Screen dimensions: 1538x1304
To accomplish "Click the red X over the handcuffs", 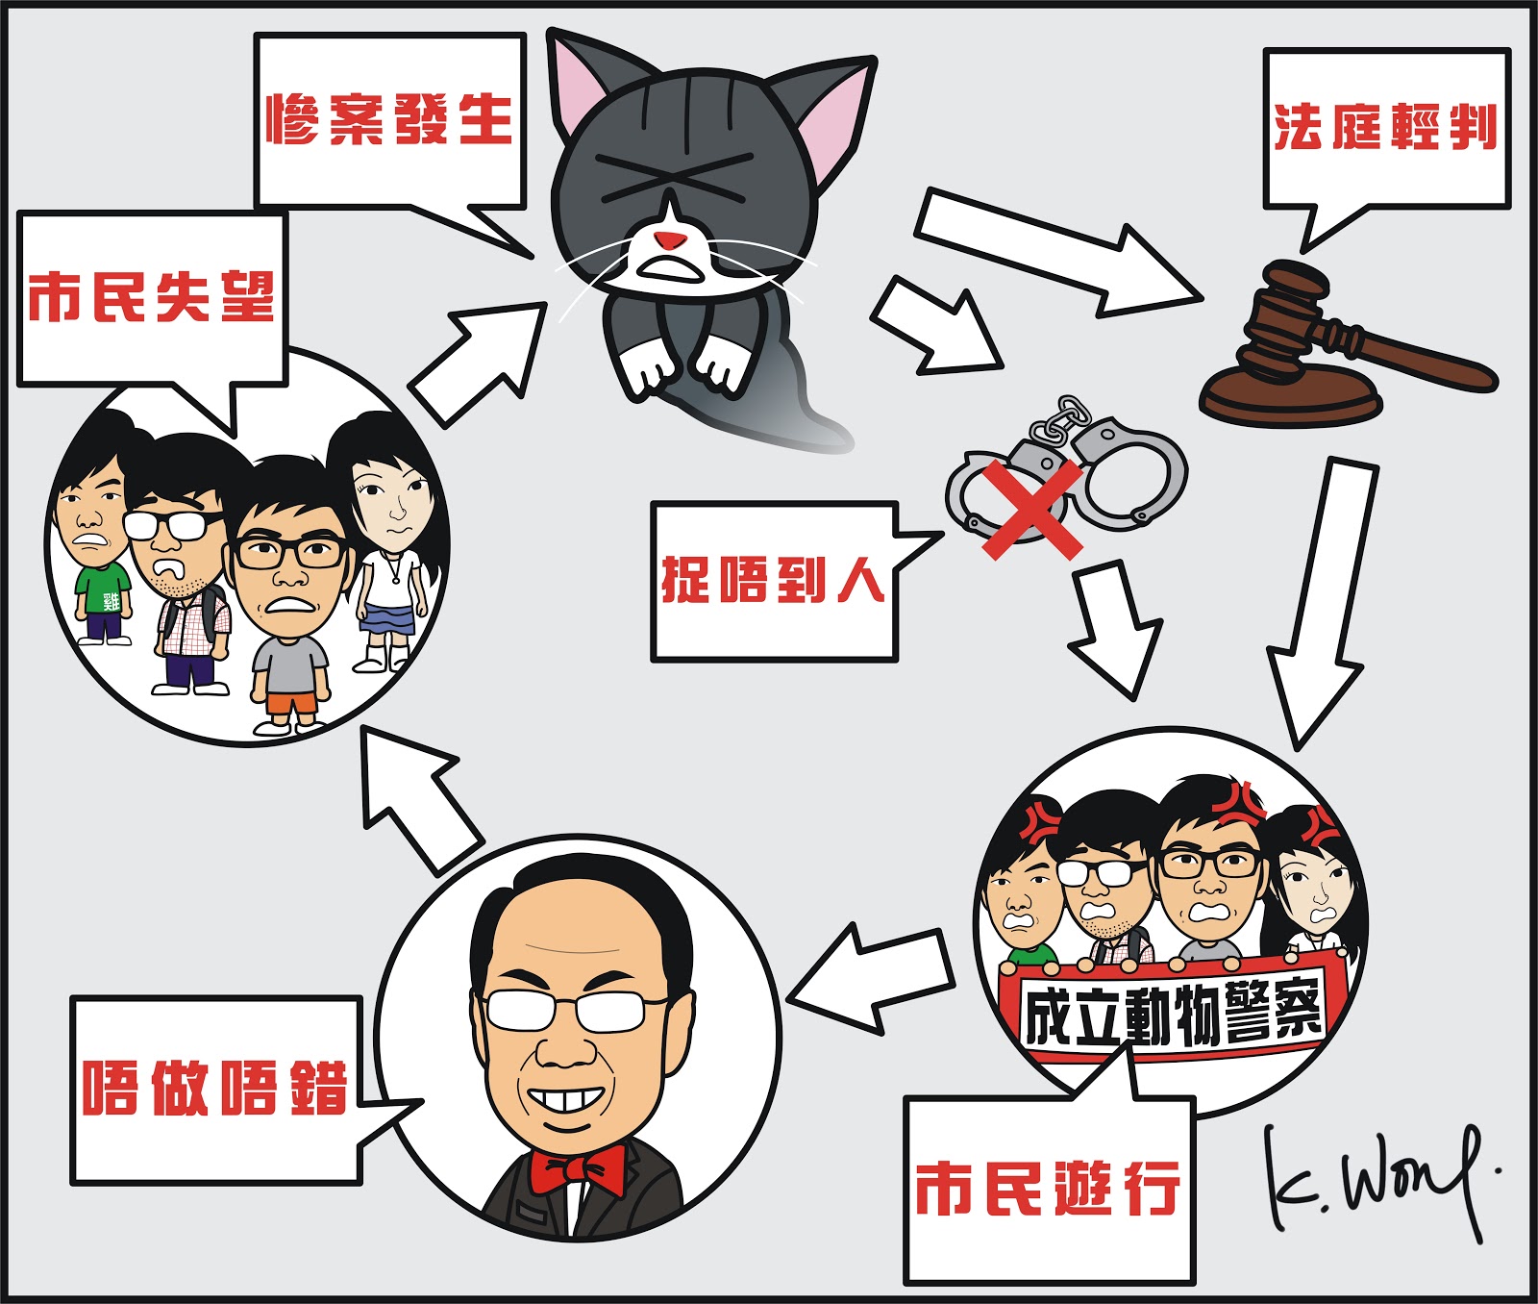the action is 1029,507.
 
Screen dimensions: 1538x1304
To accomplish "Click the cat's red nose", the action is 669,239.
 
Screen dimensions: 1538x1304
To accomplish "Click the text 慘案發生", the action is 389,120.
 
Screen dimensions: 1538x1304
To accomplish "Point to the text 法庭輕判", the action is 1385,127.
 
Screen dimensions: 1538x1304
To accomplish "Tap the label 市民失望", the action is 151,297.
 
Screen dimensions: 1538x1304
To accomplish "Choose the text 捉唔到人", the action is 773,580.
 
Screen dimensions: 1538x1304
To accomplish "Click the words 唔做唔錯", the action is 213,1089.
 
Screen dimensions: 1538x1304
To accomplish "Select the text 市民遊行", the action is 1047,1189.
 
